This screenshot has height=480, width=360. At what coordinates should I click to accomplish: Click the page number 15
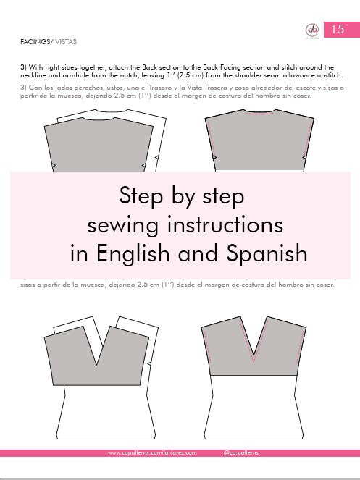click(337, 30)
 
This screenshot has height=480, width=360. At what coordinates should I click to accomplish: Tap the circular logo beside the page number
click(311, 30)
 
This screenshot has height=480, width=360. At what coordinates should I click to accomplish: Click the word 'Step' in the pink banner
click(143, 196)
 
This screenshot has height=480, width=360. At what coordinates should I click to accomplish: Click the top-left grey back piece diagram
click(101, 145)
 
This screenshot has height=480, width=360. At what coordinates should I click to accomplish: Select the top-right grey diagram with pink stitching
click(254, 141)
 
